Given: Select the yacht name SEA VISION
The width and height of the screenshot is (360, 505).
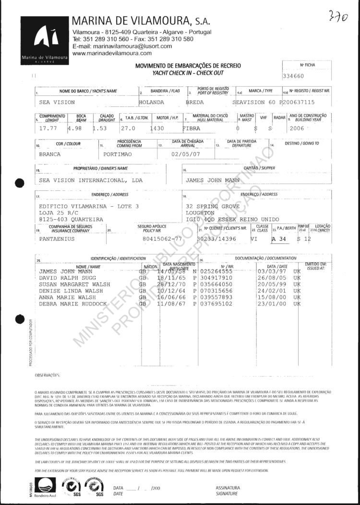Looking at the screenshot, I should [x=57, y=102].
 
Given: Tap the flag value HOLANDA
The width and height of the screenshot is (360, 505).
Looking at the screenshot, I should [x=151, y=102].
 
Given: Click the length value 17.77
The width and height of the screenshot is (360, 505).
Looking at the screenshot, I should [x=48, y=129].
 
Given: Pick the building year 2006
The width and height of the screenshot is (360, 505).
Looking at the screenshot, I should [x=295, y=129].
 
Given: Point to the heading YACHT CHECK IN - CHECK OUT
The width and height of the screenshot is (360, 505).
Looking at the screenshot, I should [x=188, y=72].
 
